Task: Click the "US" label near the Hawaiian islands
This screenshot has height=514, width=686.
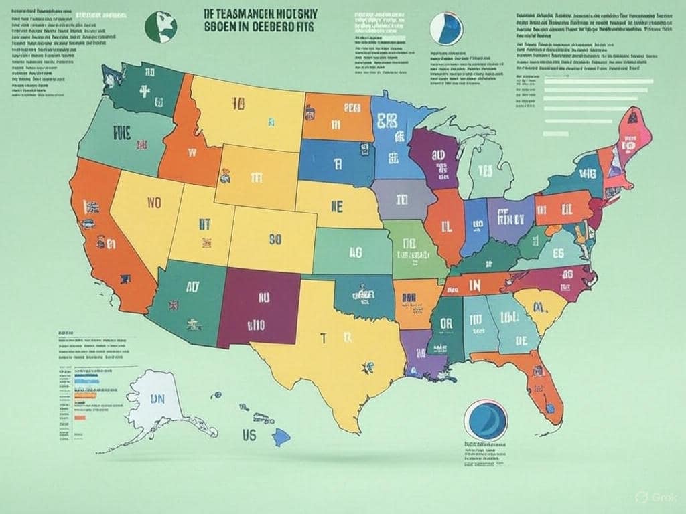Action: pos(249,435)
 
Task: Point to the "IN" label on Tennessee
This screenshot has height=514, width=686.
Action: pos(475,285)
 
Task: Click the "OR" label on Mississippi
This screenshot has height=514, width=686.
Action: pos(445,323)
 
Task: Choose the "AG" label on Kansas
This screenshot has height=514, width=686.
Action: pos(356,252)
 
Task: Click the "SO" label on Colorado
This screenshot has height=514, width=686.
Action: pos(275,238)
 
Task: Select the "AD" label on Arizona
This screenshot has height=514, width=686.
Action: pos(192,288)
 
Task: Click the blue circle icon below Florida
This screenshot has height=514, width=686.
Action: pos(484,420)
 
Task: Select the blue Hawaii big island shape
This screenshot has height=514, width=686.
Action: pos(280,437)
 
